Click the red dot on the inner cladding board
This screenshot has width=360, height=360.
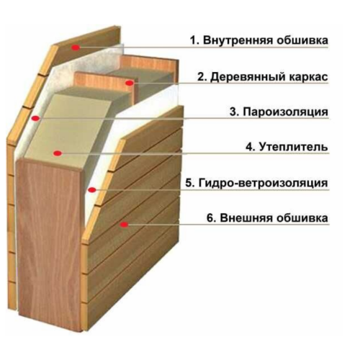(76, 48)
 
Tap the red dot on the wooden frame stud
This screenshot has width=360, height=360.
(130, 83)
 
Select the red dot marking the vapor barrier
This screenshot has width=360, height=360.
(35, 118)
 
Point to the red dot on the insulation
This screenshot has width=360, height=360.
(58, 153)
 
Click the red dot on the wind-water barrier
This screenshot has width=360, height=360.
(92, 190)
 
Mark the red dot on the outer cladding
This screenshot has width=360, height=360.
(124, 225)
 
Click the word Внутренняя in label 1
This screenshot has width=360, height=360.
(238, 40)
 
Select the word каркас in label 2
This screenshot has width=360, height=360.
(308, 77)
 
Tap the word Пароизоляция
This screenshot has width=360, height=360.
(285, 112)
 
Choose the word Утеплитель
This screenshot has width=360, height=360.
(294, 147)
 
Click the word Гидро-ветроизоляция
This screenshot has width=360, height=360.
(264, 183)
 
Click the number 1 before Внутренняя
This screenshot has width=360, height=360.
(194, 40)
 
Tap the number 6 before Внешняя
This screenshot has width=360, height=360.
(210, 218)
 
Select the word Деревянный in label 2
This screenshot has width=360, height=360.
(248, 78)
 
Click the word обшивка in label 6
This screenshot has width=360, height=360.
(302, 218)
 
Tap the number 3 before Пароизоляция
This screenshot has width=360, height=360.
(233, 112)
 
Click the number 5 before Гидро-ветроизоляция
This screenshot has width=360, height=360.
(189, 183)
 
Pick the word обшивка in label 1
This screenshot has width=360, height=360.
(302, 40)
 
